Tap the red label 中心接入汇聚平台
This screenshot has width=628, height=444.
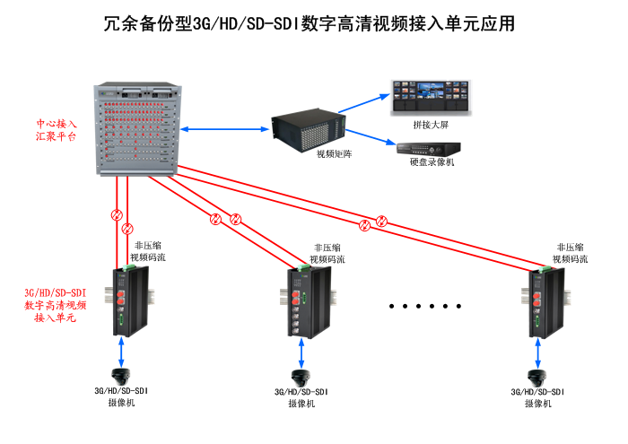coord(57,130)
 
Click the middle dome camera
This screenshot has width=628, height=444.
coord(301,378)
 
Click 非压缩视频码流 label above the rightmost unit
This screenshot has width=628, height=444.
coord(571,252)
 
